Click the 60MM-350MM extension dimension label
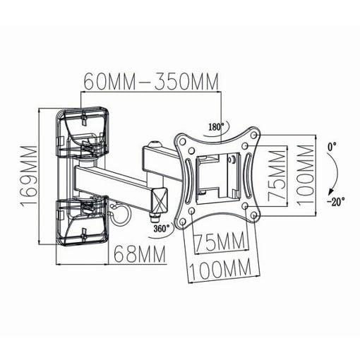[x=151, y=81]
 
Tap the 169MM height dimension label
[x=29, y=176]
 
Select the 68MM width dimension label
[x=140, y=254]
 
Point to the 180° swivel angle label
[x=216, y=126]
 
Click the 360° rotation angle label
[x=162, y=228]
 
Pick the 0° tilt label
[x=332, y=147]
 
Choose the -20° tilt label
[x=336, y=201]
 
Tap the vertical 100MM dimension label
[x=306, y=175]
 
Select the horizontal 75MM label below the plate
[x=220, y=241]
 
